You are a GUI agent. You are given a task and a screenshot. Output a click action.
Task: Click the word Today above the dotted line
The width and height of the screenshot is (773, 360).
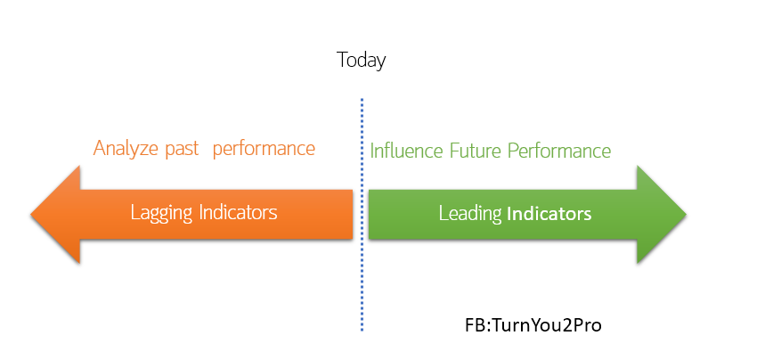(362, 61)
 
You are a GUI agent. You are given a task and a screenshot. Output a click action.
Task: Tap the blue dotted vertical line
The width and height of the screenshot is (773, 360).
(362, 215)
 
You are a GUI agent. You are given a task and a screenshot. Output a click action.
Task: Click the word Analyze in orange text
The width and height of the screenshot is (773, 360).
(126, 149)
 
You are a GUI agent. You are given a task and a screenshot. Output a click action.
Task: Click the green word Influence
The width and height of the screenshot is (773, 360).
(407, 151)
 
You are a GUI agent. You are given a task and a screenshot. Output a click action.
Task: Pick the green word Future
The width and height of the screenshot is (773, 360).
(476, 151)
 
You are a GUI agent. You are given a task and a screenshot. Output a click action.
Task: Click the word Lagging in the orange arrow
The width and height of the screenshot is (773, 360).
(161, 213)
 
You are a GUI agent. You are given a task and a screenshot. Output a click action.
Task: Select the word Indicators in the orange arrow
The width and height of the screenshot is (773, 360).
(238, 212)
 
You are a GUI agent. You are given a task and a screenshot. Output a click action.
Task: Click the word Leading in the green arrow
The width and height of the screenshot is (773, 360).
(470, 214)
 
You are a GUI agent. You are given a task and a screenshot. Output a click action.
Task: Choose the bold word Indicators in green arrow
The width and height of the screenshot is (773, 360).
(549, 214)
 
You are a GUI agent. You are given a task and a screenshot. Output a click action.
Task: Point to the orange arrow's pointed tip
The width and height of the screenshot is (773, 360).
(31, 215)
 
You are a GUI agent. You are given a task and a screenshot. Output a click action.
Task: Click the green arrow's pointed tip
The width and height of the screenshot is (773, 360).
(686, 215)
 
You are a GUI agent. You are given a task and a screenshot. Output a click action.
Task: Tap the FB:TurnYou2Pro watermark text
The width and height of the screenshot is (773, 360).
(533, 325)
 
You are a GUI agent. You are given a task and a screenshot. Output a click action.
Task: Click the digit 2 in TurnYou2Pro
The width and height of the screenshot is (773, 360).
(568, 325)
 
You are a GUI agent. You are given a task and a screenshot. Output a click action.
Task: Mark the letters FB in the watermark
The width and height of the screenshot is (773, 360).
(476, 325)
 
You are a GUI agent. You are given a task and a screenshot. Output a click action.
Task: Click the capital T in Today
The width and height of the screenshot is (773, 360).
(343, 60)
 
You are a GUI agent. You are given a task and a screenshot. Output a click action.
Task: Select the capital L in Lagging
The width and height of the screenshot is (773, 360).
(135, 212)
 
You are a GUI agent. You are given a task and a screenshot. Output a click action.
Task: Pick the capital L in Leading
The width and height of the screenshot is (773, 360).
(443, 213)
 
